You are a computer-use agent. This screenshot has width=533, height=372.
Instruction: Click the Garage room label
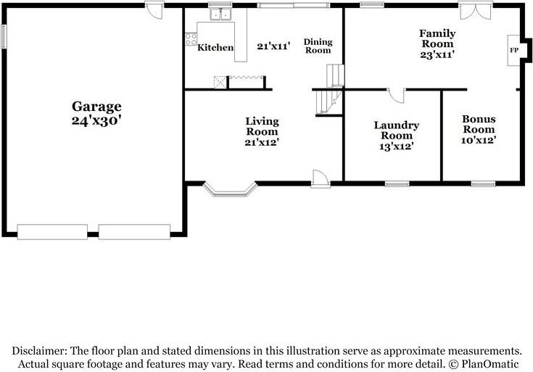pos(96,107)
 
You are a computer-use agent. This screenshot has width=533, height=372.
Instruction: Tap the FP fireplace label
pos(514,50)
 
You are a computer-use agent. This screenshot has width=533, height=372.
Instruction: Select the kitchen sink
pos(220,15)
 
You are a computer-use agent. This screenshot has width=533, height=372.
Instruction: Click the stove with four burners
pos(191,39)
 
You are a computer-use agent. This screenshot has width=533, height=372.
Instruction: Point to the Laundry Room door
pos(396,96)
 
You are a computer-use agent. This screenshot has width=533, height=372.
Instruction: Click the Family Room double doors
pos(476,11)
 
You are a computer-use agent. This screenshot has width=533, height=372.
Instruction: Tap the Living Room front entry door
pos(321,178)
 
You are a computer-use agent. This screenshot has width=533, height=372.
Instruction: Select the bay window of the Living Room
pos(230,190)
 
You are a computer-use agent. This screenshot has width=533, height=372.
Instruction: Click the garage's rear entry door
pos(154,10)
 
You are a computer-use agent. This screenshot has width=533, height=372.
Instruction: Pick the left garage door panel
pos(52,232)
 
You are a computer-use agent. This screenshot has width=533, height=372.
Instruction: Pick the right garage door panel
pos(134,232)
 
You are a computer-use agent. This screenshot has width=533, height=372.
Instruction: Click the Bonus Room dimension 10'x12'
pos(479,140)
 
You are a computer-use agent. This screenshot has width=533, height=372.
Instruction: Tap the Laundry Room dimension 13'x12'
pos(397,146)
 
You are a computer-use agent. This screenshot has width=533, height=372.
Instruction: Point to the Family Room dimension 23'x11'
pos(437,54)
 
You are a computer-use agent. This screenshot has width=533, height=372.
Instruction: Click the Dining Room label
pos(318,46)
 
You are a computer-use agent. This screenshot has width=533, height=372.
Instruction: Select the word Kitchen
pos(215,47)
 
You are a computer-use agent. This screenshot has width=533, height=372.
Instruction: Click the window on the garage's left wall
pos(4,36)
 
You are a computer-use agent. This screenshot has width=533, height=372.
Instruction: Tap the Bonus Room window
pos(483,184)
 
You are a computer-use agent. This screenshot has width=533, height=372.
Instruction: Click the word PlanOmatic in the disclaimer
pos(489,364)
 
